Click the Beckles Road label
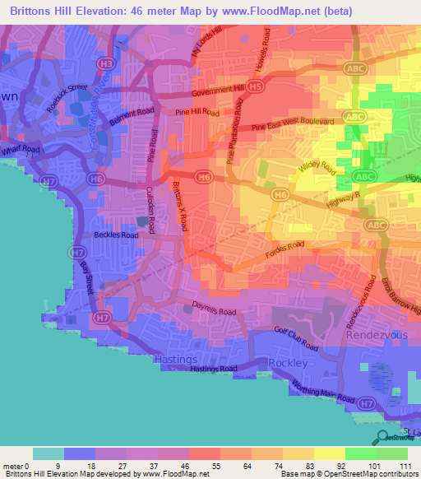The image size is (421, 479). pyautogui.click(x=116, y=235)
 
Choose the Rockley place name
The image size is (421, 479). pyautogui.click(x=289, y=363)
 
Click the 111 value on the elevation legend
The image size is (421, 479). pyautogui.click(x=403, y=467)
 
